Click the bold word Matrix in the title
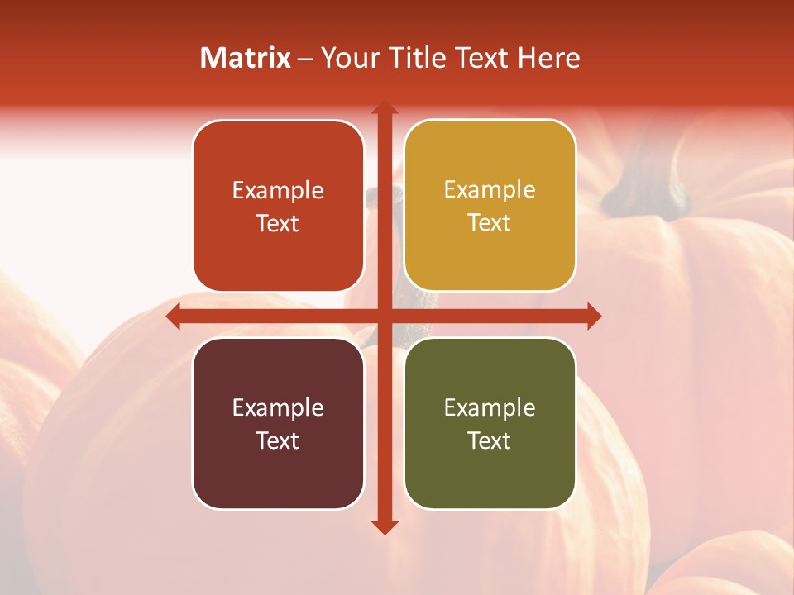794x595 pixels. point(246,58)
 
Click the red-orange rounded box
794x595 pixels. point(278,207)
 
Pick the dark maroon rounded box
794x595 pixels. point(278,423)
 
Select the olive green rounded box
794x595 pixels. point(490,423)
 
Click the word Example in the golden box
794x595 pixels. point(490,189)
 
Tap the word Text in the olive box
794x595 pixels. point(490,440)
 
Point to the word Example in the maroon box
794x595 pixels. point(278,407)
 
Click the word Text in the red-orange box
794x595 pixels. point(278,223)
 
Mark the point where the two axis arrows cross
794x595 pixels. point(384,316)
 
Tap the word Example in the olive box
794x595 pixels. point(490,407)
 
